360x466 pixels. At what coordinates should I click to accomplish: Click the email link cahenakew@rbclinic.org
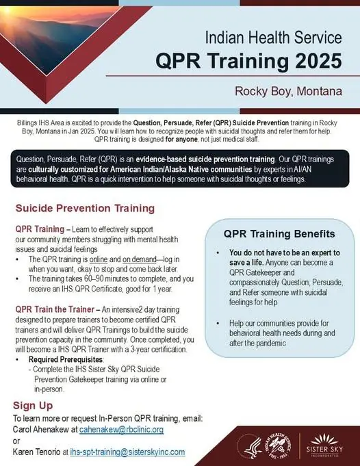point(121,430)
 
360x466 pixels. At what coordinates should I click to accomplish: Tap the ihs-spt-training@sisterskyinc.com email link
point(127,452)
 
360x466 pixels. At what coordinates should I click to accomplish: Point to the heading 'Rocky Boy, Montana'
point(288,91)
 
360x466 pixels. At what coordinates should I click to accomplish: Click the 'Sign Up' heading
point(33,405)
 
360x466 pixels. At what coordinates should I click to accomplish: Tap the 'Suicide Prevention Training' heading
point(85,208)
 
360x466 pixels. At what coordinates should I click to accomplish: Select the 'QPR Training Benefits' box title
point(279,233)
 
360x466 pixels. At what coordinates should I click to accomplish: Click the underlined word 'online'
point(99,259)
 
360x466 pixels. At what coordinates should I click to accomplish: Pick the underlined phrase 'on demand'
point(140,259)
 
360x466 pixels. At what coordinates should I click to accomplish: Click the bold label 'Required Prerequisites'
point(66,359)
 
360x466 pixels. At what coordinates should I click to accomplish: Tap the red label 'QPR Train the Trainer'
point(55,309)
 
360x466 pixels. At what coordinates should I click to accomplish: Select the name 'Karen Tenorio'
point(36,452)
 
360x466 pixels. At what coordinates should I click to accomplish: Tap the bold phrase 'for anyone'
point(181,139)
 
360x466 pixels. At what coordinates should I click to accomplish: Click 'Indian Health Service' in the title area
point(274,38)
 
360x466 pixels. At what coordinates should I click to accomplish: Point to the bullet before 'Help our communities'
point(218,324)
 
